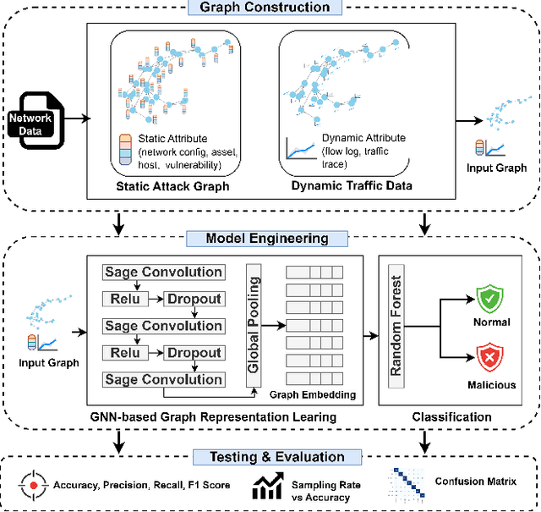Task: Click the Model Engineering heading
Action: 267,238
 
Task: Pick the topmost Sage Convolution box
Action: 163,273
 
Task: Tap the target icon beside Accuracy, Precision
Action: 32,487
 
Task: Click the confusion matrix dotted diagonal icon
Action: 411,487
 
